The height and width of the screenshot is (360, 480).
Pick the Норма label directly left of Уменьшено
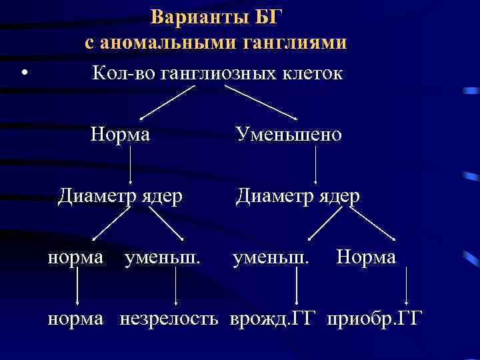120,135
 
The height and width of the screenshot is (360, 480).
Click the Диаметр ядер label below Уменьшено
297,196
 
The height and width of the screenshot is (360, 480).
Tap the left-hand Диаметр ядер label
120,196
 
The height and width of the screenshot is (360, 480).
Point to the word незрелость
169,319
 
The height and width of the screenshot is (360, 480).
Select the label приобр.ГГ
374,319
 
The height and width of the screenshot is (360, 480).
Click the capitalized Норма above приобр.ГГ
366,257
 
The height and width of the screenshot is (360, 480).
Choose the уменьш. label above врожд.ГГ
270,257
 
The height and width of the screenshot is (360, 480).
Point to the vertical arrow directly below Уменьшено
315,165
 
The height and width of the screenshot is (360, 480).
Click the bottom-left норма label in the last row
75,319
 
